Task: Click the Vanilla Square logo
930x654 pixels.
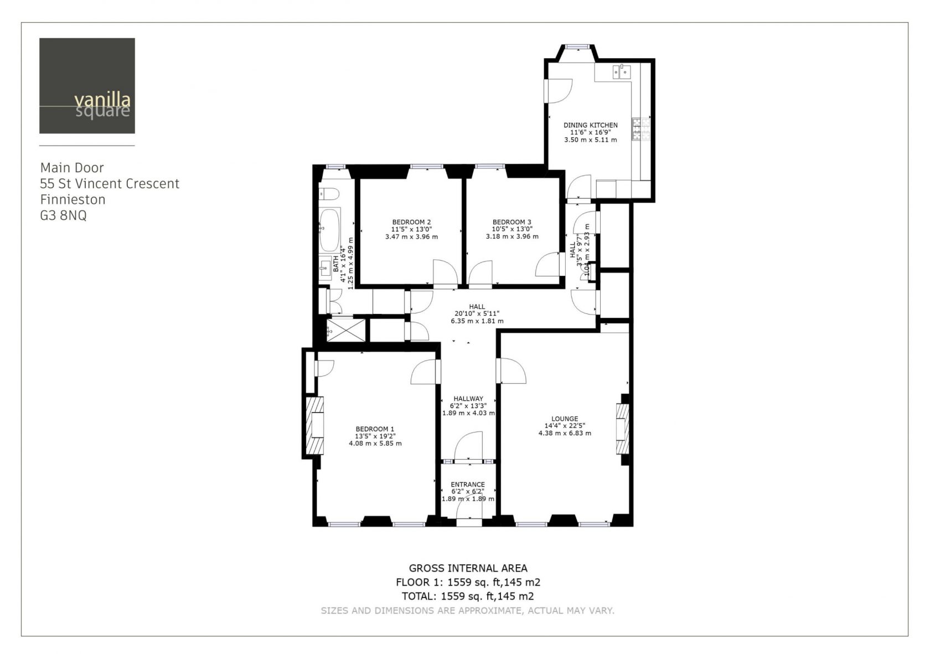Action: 87,86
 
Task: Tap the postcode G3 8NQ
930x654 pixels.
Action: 64,215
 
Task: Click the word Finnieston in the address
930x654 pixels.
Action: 73,200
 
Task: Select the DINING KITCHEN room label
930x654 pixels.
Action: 590,125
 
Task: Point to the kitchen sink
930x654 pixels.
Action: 622,72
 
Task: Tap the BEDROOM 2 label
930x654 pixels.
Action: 411,222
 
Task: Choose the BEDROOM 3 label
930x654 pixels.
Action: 512,222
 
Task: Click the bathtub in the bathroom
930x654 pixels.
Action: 330,230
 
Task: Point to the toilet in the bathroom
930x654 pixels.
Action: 329,193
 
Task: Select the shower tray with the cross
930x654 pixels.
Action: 346,331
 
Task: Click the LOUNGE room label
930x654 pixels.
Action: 565,419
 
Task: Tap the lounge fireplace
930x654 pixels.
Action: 622,428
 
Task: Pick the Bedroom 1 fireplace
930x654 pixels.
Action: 314,426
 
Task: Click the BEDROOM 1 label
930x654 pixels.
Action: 375,429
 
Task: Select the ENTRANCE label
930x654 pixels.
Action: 468,485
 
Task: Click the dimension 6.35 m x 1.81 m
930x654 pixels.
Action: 477,321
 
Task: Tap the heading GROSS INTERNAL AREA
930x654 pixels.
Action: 468,568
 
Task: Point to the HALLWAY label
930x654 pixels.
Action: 468,399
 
